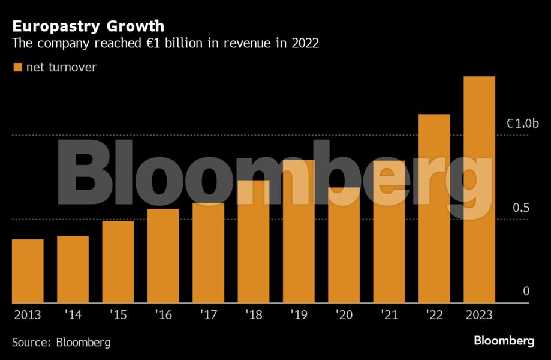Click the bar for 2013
(x=28, y=271)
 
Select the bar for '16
(x=163, y=256)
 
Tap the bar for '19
(x=299, y=232)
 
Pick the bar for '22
(x=434, y=209)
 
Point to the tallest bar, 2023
(x=479, y=190)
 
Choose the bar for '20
(x=344, y=245)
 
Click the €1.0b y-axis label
(x=523, y=124)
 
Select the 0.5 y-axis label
(x=523, y=208)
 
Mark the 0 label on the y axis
(x=526, y=292)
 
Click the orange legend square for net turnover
(x=17, y=68)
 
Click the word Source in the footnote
(x=30, y=343)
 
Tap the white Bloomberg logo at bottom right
(x=504, y=341)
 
